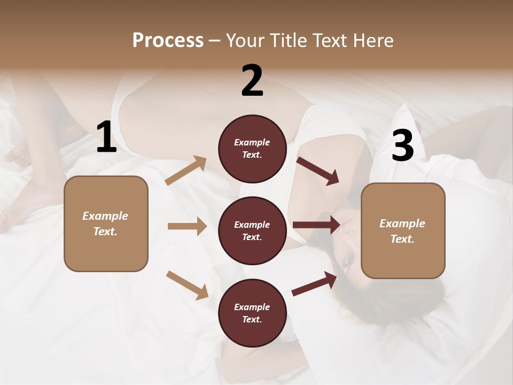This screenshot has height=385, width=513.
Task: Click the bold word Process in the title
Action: click(168, 40)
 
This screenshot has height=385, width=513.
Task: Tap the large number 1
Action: click(106, 137)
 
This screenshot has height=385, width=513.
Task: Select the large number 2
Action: click(252, 81)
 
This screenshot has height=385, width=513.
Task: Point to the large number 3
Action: click(402, 146)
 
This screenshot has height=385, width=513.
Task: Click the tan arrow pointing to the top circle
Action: click(186, 171)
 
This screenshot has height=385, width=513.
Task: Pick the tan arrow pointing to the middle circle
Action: click(187, 226)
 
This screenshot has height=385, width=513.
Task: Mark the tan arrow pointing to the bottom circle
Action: click(187, 284)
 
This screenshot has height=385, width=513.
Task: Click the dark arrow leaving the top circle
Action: click(317, 171)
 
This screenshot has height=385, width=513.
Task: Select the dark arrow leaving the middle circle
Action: click(316, 225)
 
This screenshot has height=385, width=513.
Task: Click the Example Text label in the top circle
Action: click(252, 149)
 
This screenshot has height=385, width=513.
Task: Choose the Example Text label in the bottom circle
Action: click(252, 313)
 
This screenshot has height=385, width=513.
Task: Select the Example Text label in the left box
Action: click(105, 224)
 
